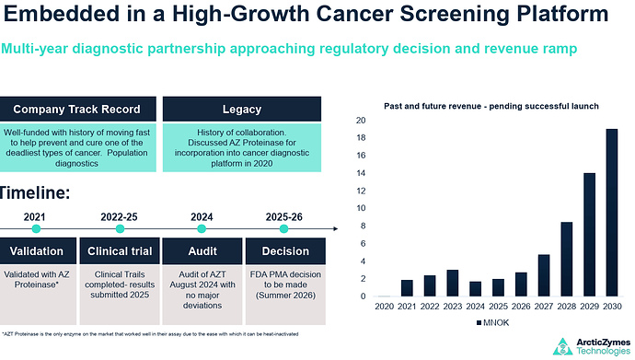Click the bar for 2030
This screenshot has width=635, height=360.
(612, 213)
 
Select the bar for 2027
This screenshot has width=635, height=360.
(544, 275)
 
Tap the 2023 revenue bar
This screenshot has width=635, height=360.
(453, 283)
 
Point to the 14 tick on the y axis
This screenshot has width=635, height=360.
(361, 173)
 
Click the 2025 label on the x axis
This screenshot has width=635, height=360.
(498, 307)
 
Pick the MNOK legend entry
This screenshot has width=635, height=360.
(493, 323)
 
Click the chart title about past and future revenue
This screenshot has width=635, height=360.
(491, 106)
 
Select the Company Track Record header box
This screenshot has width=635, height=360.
(76, 109)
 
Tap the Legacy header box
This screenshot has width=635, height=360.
(242, 109)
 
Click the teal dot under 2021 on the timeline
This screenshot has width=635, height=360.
(36, 228)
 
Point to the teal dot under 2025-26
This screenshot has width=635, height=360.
(283, 228)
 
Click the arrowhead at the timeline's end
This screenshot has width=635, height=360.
(336, 228)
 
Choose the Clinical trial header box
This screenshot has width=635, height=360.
(120, 251)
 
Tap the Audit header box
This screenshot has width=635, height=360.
(202, 251)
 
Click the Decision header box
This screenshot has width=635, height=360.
(285, 251)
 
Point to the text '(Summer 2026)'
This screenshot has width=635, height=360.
(285, 296)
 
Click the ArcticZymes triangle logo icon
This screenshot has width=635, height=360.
(563, 347)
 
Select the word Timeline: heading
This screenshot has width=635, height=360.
(34, 192)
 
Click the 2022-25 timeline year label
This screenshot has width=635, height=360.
(119, 217)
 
